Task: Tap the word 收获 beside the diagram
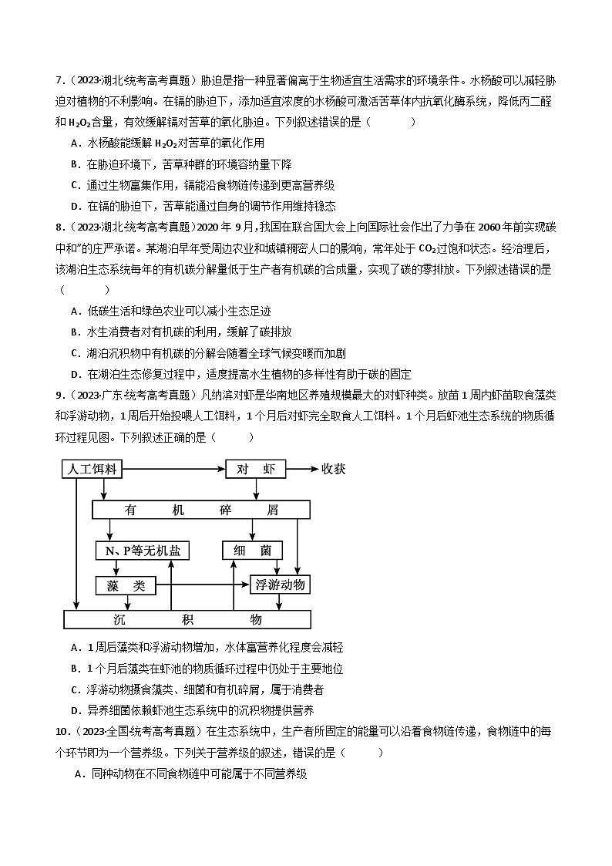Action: [333, 468]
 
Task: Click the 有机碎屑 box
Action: [201, 510]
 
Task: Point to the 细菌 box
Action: [251, 550]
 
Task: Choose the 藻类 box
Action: [126, 586]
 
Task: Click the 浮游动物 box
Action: [281, 585]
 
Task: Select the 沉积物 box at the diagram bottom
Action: [187, 619]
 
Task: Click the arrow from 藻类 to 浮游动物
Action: [203, 586]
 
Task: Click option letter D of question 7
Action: [75, 206]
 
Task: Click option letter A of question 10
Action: [79, 773]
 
